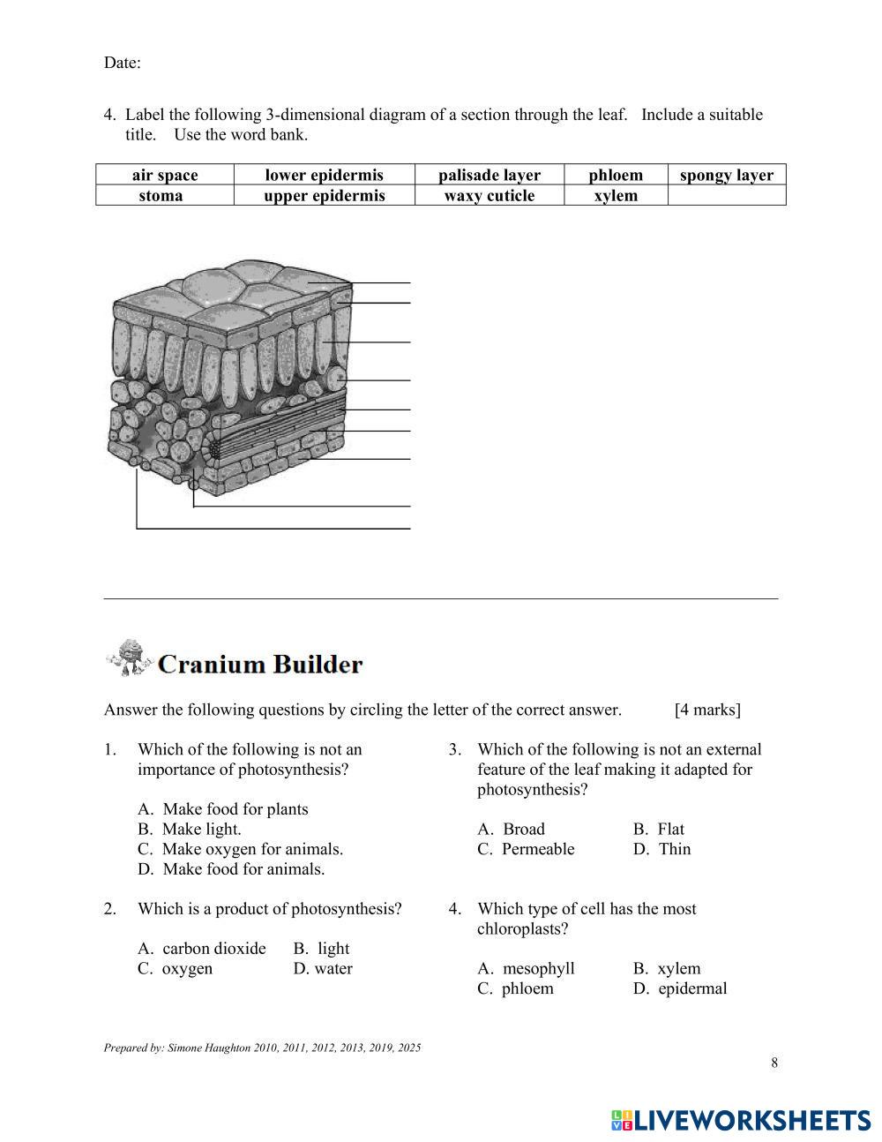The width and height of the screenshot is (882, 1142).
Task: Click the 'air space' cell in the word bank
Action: point(165,175)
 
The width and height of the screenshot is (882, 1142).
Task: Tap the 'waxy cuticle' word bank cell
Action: point(489,195)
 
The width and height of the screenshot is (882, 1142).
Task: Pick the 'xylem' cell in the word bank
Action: point(616,195)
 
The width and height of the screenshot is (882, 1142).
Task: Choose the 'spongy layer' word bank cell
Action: point(726,175)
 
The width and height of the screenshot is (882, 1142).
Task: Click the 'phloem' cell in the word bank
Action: point(616,175)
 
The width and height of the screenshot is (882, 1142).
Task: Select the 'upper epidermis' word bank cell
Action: point(324,195)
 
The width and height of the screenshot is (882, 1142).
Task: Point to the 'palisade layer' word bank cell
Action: point(489,175)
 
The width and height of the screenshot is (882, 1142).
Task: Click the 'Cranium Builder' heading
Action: point(260,664)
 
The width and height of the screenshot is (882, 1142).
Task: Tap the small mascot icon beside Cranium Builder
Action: point(129,658)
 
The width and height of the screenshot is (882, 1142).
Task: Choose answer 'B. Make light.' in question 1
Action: point(190,829)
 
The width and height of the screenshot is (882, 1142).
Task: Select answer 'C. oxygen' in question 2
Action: point(176,968)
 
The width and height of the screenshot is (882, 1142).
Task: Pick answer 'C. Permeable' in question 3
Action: point(526,849)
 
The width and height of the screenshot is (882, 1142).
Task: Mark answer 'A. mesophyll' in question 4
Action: point(527,968)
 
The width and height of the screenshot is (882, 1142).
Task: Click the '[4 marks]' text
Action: point(707,710)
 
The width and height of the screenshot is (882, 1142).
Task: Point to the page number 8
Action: point(774,1063)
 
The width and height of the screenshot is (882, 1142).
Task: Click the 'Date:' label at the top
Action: point(123,63)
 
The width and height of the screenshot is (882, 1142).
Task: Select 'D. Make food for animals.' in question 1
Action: point(231,869)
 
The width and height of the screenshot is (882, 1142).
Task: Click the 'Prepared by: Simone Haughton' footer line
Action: point(262,1048)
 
